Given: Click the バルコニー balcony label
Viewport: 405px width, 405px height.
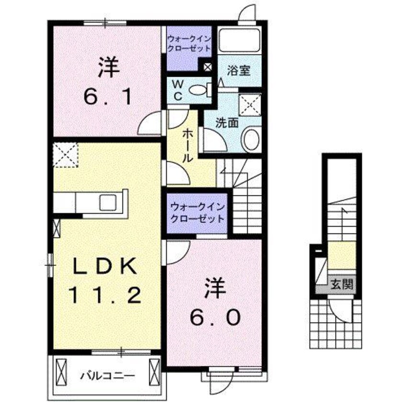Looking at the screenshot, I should [x=107, y=375].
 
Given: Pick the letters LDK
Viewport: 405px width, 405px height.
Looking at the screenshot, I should [x=105, y=265].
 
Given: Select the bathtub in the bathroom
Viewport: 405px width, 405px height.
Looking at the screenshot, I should [x=239, y=42].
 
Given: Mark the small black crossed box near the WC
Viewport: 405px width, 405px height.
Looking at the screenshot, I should [x=207, y=67].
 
